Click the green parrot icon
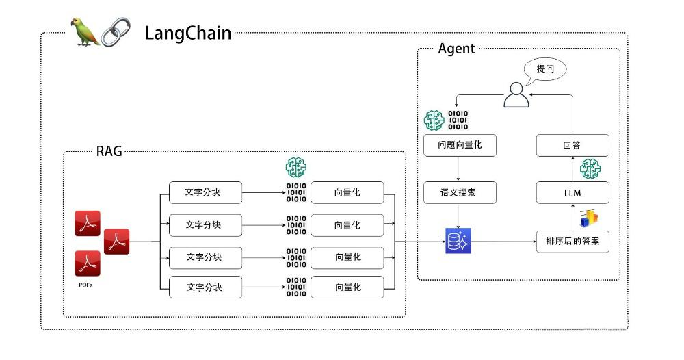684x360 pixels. [x=85, y=32]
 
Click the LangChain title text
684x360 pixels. [x=187, y=33]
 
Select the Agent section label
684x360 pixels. [x=456, y=49]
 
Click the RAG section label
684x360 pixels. [x=109, y=151]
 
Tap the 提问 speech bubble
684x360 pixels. [x=545, y=69]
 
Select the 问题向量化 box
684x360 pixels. [x=459, y=145]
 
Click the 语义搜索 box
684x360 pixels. [x=459, y=193]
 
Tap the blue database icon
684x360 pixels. [x=458, y=241]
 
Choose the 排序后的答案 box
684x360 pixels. [x=572, y=241]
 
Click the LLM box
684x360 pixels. [x=572, y=193]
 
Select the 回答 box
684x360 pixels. [x=572, y=145]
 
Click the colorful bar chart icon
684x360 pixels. [x=589, y=218]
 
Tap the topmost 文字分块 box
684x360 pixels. [x=205, y=193]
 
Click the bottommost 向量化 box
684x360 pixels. [x=347, y=287]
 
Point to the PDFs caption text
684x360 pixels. [x=85, y=285]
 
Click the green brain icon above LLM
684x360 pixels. [x=590, y=168]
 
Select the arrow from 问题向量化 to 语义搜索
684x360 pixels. [x=459, y=169]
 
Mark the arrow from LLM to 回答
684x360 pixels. [x=572, y=169]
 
